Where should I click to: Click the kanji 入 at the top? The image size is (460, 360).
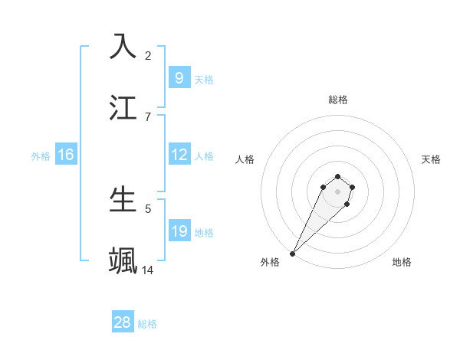coord(123,46)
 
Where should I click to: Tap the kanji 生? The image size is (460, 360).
coord(123,198)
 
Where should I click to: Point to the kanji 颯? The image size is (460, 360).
coord(123,260)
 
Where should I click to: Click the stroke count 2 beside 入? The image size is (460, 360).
coord(148,55)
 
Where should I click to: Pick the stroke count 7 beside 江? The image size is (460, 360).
coord(148,116)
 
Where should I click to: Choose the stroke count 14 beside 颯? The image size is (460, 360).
coord(148,270)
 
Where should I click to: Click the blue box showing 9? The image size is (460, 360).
coord(179,77)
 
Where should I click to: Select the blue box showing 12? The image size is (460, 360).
coord(179,155)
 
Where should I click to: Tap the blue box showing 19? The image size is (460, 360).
coord(179,231)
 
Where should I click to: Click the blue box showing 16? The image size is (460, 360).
coord(66,155)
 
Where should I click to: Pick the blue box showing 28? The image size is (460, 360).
coord(123,322)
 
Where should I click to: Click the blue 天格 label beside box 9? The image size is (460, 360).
coord(204,79)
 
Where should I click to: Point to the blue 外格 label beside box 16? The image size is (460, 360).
coord(41,156)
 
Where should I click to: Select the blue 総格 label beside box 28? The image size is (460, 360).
coord(147,324)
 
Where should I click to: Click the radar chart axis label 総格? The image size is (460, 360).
coord(338,100)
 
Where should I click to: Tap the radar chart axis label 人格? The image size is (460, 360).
coord(245,159)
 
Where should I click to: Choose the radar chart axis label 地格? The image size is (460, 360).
coord(402,262)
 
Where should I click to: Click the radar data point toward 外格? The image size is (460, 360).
coord(292,254)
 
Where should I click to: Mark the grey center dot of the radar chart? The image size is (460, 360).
coord(338,191)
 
